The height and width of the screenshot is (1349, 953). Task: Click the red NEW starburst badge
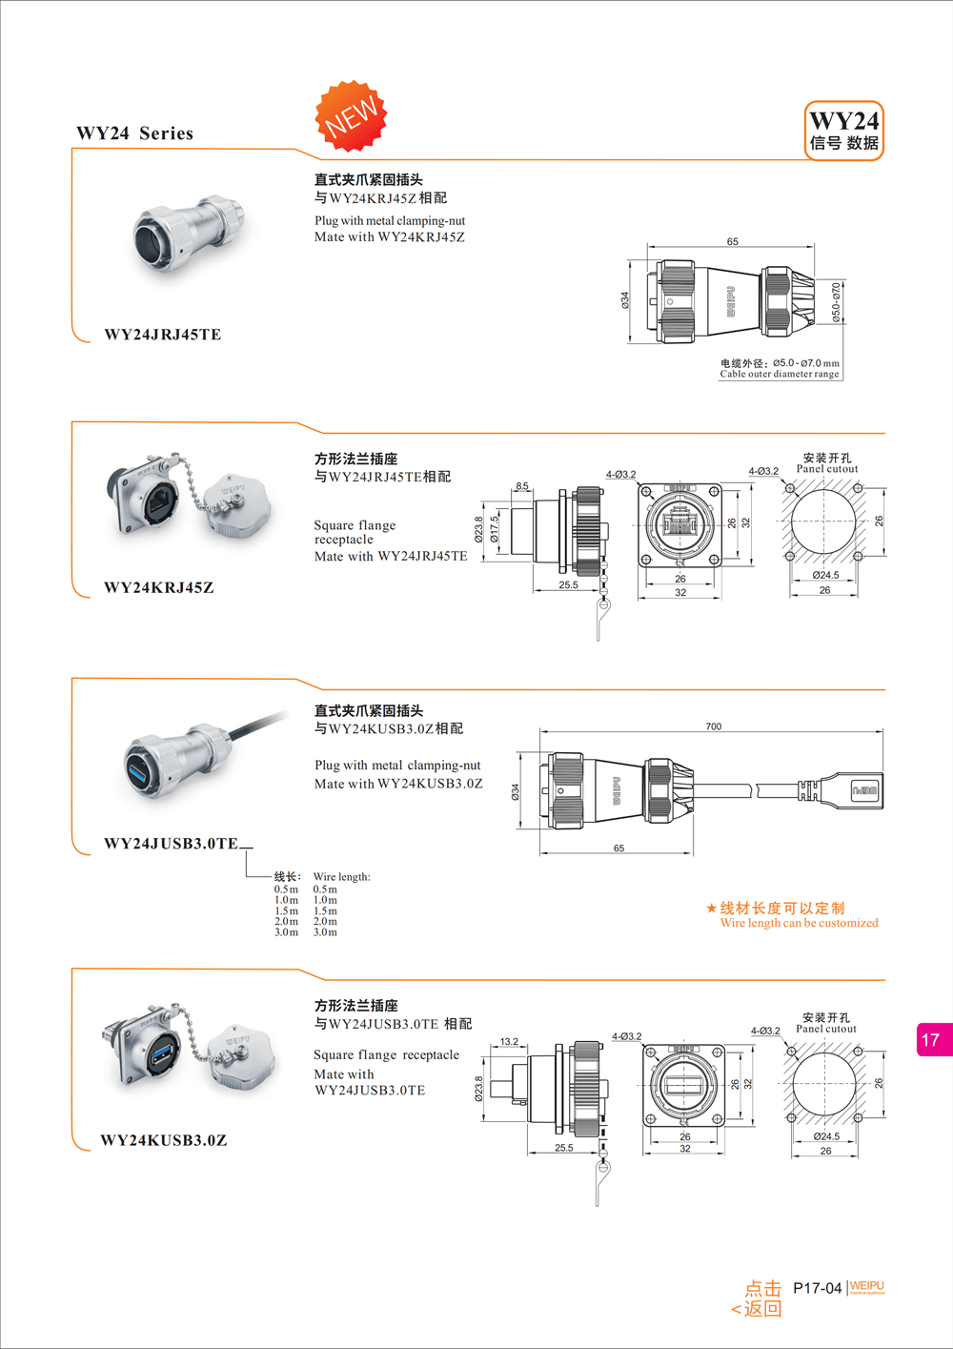(x=351, y=116)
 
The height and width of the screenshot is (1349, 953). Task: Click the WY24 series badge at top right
(x=844, y=131)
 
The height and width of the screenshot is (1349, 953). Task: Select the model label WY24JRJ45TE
(x=163, y=335)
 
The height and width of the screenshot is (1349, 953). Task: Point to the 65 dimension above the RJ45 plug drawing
(x=732, y=241)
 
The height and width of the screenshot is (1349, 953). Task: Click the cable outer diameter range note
(x=780, y=369)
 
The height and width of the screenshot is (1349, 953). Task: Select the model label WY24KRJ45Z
(x=159, y=587)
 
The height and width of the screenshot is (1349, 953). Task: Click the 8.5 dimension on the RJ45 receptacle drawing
(x=522, y=486)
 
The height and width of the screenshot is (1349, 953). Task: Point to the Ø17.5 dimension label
(x=494, y=530)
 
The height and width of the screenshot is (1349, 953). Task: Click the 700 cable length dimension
(x=714, y=726)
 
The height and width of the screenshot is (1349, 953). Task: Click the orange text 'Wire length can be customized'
(x=799, y=923)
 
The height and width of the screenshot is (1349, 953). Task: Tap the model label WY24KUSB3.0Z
(x=164, y=1140)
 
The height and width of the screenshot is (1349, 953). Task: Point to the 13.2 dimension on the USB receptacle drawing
(x=509, y=1041)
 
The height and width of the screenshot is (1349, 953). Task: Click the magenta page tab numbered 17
(x=933, y=1040)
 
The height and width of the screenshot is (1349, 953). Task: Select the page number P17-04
(x=817, y=1288)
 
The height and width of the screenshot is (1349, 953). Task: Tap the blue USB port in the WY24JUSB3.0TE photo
(x=140, y=766)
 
